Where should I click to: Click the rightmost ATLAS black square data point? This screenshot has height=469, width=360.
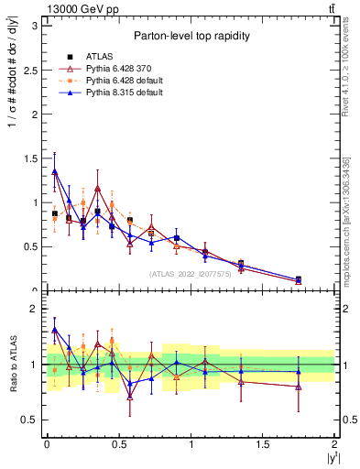point(299,279)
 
